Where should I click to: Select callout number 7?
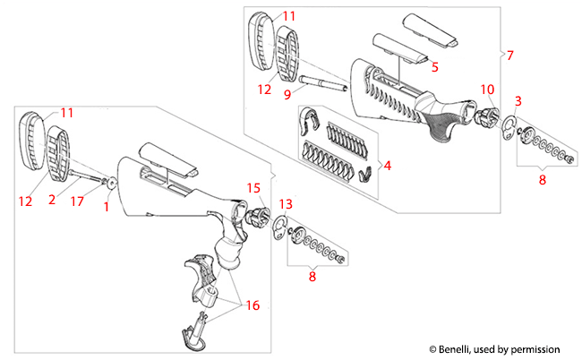click(509, 56)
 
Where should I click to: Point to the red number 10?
click(387, 166)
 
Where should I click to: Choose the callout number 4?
click(387, 166)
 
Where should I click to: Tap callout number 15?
click(253, 188)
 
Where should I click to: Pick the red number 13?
click(286, 204)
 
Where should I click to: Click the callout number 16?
click(253, 305)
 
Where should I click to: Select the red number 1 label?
click(107, 208)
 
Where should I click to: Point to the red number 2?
click(52, 200)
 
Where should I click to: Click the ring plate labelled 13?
click(279, 226)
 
